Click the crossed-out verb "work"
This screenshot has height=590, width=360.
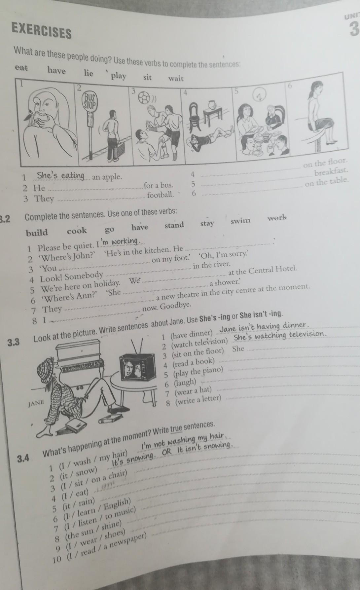[277, 218]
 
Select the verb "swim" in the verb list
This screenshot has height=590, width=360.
[240, 221]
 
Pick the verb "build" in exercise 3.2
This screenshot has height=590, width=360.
[37, 233]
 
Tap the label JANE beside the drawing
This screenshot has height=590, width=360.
[36, 403]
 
